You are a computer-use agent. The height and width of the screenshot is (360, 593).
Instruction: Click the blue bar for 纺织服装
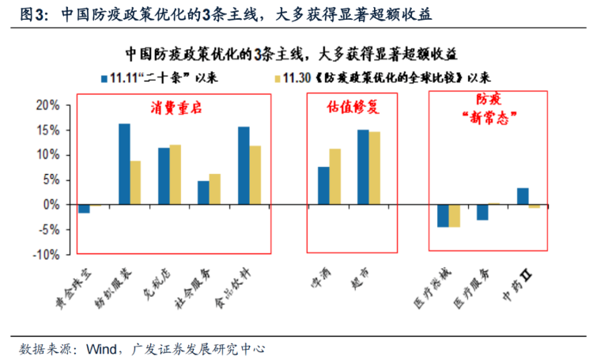point(124,164)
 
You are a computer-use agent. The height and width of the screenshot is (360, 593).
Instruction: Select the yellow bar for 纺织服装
point(135,183)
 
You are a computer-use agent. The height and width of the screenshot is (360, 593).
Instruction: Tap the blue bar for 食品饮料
point(244,165)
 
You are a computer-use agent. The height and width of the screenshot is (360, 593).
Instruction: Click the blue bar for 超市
point(363,167)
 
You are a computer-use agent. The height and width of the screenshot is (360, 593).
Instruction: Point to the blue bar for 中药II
point(523,196)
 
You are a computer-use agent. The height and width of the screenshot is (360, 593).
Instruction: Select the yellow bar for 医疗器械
point(454,216)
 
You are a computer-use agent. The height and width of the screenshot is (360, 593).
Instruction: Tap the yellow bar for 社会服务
point(215,189)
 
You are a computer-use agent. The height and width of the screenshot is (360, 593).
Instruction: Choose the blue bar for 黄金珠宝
point(84,209)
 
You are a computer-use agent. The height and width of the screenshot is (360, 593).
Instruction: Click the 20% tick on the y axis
point(49,105)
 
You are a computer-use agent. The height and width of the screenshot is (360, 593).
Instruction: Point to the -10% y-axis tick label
point(47,255)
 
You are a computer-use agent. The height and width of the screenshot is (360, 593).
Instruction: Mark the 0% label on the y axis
point(51,205)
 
